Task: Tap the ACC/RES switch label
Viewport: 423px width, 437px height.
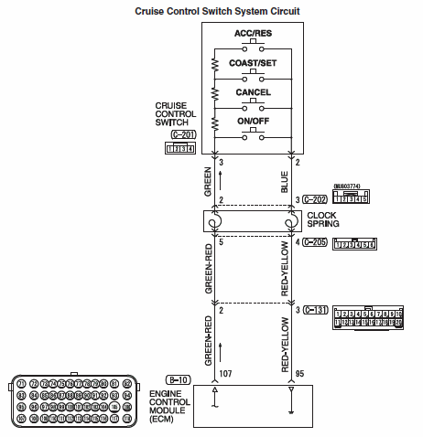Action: [252, 35]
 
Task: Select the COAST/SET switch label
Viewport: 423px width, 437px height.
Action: [252, 63]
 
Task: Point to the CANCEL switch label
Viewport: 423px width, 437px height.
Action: [253, 93]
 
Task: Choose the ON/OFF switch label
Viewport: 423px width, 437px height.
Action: [252, 122]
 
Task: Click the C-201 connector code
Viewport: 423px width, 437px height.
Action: [183, 134]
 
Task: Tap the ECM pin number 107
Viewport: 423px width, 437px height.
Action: [225, 374]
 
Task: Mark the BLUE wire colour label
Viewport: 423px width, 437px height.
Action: [285, 182]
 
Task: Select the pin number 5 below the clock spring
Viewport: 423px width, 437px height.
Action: [222, 242]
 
